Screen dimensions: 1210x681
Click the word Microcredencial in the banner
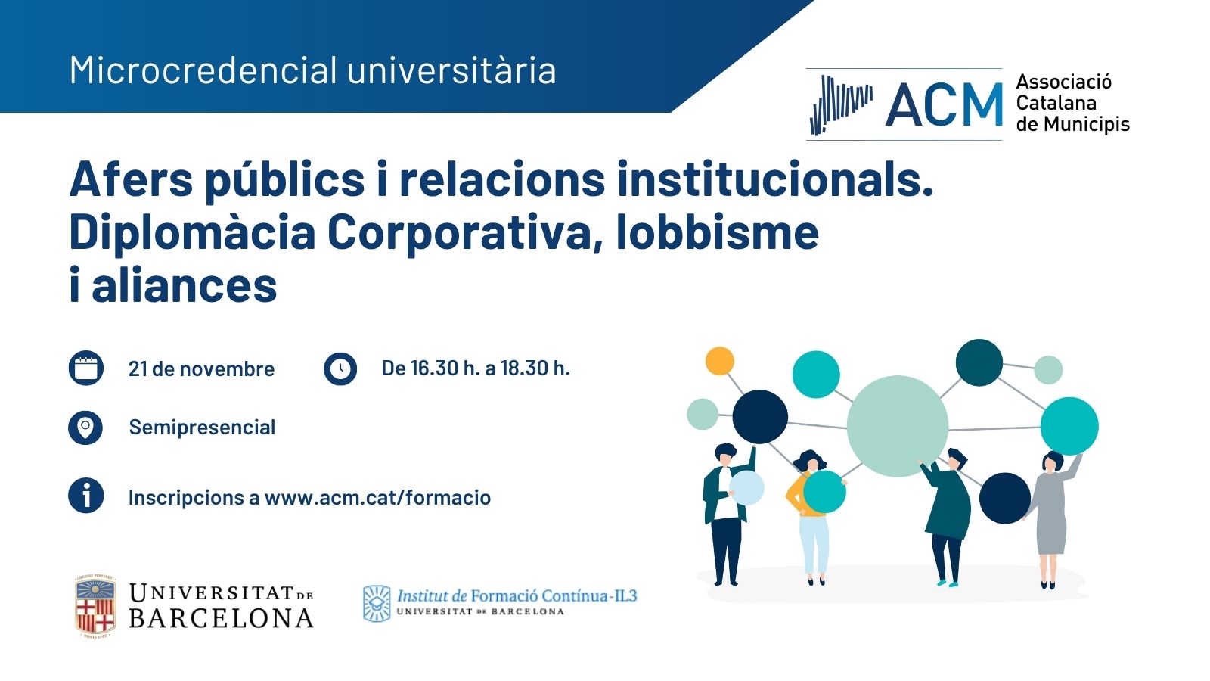(203, 70)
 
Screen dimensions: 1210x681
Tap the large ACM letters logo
(944, 104)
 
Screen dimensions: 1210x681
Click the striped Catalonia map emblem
(840, 105)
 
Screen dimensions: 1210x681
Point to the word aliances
(185, 285)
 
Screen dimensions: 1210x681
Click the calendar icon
(86, 368)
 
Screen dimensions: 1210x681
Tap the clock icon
(340, 368)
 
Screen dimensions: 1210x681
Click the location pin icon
(85, 428)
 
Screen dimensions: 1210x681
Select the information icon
(86, 496)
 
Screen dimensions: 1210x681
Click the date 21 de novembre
(201, 369)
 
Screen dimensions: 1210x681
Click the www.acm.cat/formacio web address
(377, 497)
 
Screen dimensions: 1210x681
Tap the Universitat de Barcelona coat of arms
(95, 606)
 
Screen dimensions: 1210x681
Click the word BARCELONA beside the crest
(222, 618)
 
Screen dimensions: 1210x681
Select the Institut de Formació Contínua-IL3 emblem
(377, 604)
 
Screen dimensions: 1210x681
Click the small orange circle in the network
(719, 360)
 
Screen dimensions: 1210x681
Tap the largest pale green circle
(897, 426)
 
